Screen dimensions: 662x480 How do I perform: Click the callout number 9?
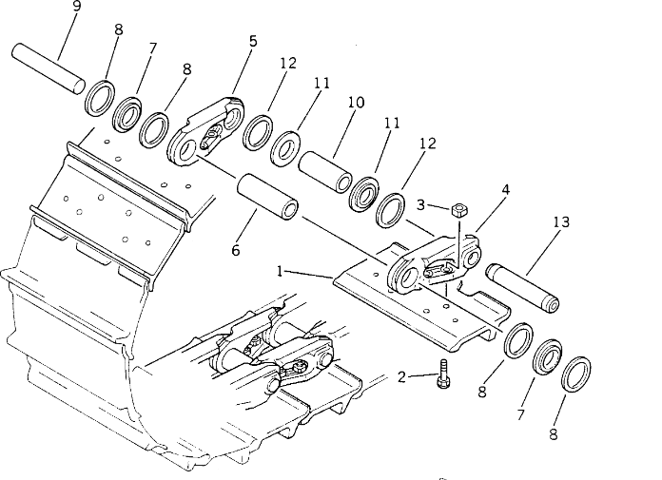click(x=76, y=7)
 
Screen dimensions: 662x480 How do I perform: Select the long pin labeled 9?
click(x=48, y=67)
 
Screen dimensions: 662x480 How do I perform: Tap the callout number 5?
click(x=253, y=41)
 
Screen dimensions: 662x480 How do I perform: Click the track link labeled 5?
click(x=205, y=130)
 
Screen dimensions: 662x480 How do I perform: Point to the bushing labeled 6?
click(x=267, y=197)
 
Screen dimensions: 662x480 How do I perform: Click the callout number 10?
click(x=356, y=103)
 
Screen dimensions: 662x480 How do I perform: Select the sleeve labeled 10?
click(x=325, y=172)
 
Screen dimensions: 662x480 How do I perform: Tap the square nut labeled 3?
click(x=458, y=210)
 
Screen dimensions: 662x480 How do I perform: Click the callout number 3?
click(x=420, y=205)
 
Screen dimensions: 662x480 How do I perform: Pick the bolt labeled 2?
click(x=443, y=374)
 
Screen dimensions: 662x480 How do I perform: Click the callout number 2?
click(x=401, y=376)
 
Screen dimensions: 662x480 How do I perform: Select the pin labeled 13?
click(x=523, y=288)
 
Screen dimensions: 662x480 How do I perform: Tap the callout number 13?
click(x=561, y=221)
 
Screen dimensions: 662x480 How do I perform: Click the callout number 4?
click(x=506, y=189)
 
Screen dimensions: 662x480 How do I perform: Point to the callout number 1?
click(x=280, y=271)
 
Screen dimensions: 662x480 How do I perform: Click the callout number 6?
click(x=236, y=251)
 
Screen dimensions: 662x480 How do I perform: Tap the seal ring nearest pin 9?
click(x=100, y=98)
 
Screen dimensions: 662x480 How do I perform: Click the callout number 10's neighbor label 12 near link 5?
click(x=288, y=64)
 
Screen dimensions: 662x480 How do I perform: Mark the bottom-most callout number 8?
click(x=554, y=434)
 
